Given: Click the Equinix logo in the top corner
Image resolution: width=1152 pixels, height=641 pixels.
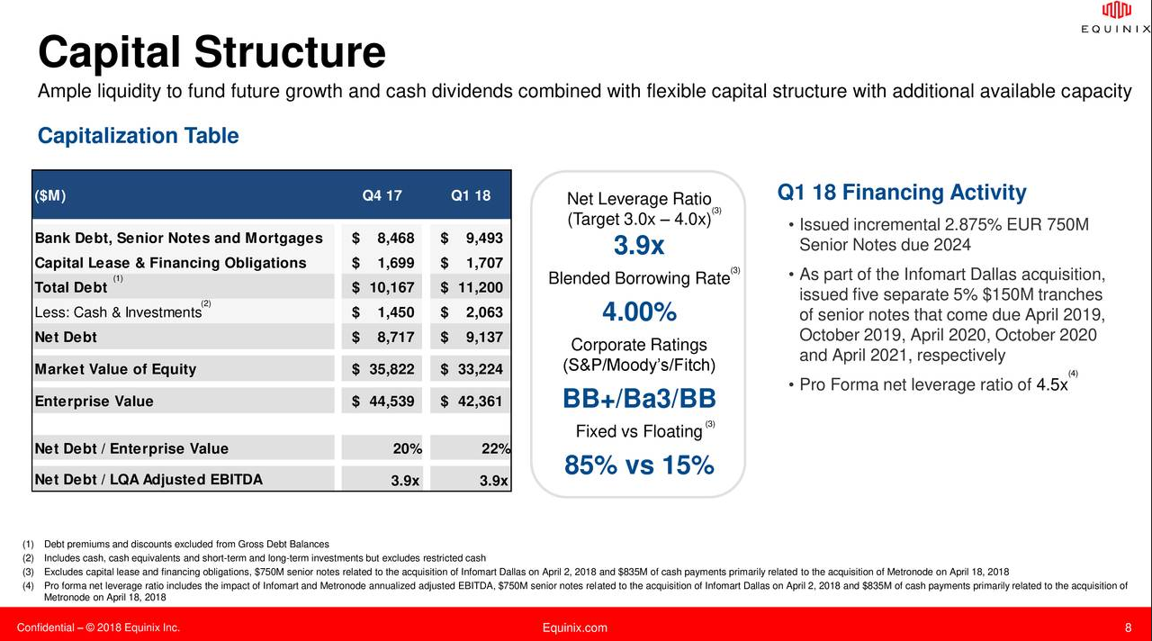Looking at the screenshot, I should pyautogui.click(x=1115, y=18).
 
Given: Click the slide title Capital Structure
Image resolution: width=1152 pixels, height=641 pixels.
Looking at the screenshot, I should pyautogui.click(x=211, y=52).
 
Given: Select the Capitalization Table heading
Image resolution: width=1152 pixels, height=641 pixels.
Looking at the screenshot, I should pyautogui.click(x=138, y=136).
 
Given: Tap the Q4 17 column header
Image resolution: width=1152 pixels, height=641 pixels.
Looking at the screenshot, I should pyautogui.click(x=382, y=196).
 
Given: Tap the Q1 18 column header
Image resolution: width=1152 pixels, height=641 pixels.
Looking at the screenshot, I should pyautogui.click(x=470, y=196).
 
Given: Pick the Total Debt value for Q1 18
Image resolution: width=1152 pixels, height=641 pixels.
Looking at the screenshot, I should pyautogui.click(x=472, y=287).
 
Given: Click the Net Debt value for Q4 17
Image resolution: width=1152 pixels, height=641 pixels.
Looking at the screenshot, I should pyautogui.click(x=384, y=337).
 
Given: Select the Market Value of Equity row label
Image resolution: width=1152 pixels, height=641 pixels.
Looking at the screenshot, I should pyautogui.click(x=114, y=369).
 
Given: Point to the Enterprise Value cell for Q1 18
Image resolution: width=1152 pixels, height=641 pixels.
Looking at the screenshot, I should pyautogui.click(x=472, y=401).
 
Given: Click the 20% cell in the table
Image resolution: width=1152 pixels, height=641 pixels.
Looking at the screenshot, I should pyautogui.click(x=408, y=448).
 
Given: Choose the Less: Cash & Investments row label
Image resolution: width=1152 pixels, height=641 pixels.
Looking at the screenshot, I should pyautogui.click(x=118, y=312).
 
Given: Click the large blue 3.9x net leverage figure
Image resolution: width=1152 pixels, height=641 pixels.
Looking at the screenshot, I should pyautogui.click(x=638, y=246).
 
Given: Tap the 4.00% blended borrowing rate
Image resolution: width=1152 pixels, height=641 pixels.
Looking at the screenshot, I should pyautogui.click(x=638, y=312).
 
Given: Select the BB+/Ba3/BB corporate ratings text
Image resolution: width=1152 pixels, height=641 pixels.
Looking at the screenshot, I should pyautogui.click(x=638, y=399).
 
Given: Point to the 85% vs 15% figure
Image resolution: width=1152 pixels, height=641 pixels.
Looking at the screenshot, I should pyautogui.click(x=638, y=465).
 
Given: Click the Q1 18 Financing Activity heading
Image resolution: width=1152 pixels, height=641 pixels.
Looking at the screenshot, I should pyautogui.click(x=901, y=193).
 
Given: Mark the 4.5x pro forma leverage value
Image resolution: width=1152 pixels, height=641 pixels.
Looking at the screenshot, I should pyautogui.click(x=1051, y=385).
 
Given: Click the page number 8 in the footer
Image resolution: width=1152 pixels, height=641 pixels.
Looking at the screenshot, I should pyautogui.click(x=1128, y=627).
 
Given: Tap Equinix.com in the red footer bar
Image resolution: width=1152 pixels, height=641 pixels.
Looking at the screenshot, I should pyautogui.click(x=575, y=627).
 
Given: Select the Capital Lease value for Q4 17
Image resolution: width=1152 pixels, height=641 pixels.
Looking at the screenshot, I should pyautogui.click(x=384, y=263).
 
